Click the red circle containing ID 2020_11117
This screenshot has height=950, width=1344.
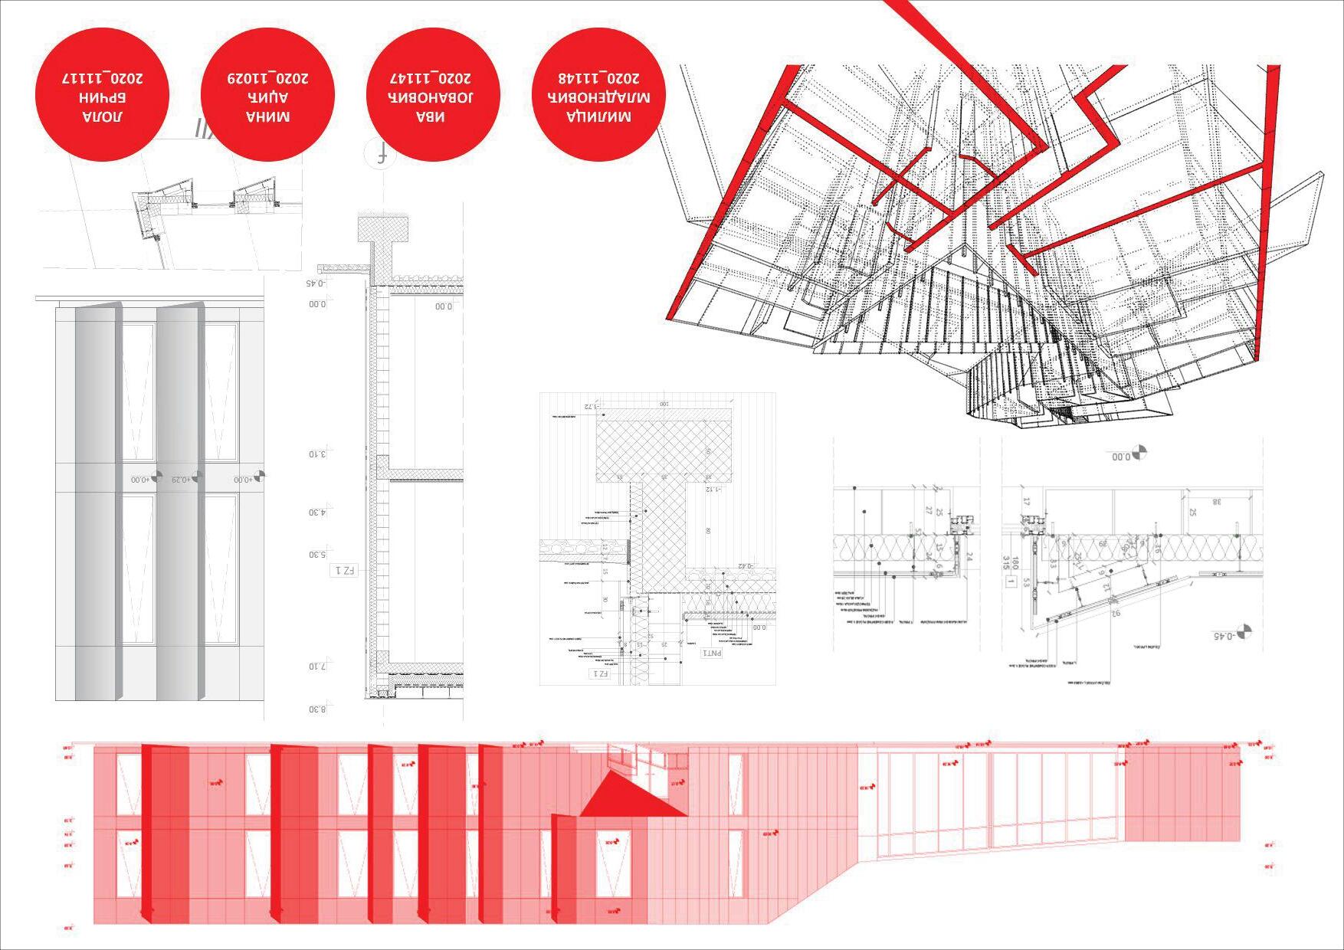(102, 95)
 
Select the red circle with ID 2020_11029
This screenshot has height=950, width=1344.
(267, 95)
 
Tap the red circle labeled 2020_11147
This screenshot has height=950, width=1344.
(433, 95)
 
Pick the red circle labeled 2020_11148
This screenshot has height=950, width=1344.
(598, 95)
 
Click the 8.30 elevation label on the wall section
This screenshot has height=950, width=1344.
(317, 709)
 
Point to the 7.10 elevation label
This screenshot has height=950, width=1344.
(317, 666)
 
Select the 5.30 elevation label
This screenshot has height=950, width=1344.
(317, 555)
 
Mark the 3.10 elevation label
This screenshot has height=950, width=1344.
(317, 454)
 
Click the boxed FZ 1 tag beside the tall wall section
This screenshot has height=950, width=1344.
(344, 571)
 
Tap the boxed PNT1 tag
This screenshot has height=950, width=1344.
(712, 653)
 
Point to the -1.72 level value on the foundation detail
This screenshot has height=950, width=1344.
(590, 406)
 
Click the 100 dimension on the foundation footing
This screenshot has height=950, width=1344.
(664, 403)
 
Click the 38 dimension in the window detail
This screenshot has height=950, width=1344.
(1217, 502)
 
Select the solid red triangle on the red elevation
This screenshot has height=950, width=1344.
(628, 799)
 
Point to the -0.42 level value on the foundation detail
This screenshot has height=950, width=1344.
(742, 567)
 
